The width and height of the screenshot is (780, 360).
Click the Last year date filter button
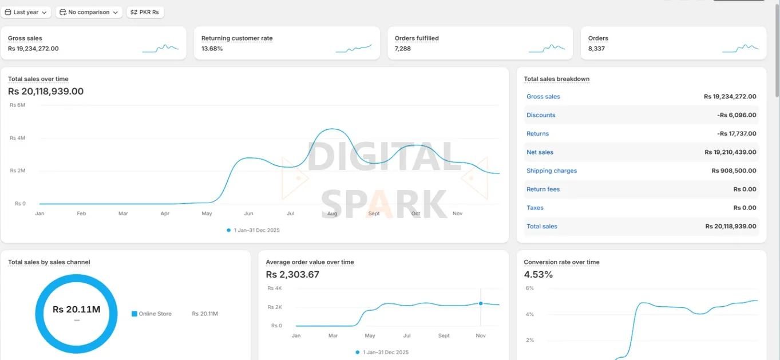26,12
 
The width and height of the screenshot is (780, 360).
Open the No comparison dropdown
89,12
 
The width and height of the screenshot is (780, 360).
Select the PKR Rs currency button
145,12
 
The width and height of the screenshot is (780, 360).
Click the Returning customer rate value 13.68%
212,49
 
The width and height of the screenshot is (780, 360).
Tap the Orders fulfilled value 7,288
403,49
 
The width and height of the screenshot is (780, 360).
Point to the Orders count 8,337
596,49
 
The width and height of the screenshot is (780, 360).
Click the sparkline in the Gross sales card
161,49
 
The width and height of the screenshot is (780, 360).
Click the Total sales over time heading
38,79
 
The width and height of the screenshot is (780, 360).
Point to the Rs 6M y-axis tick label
18,105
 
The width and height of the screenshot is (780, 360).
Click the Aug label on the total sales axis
332,213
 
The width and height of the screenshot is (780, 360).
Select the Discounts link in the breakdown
541,115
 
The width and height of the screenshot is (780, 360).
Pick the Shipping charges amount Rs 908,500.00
734,171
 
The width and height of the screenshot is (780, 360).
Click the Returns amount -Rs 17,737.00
737,133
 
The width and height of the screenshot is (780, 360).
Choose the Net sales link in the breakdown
540,152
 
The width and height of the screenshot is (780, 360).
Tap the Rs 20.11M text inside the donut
76,310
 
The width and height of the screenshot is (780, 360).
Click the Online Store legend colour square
134,314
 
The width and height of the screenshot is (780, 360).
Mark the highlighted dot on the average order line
481,303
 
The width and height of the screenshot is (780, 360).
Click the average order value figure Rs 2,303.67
292,275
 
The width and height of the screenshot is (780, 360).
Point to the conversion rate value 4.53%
539,275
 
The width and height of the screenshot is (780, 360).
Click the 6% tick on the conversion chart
529,288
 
